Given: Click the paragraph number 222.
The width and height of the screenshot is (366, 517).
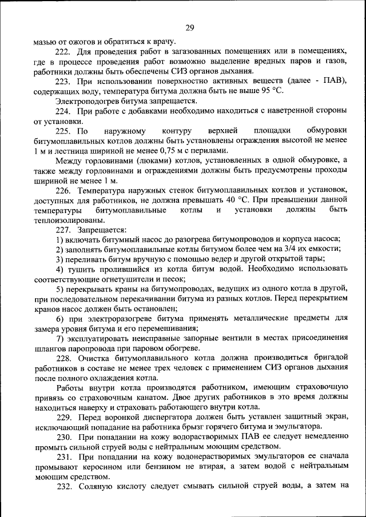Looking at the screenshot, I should (x=62, y=51).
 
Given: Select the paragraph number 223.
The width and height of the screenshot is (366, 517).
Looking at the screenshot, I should (x=62, y=81).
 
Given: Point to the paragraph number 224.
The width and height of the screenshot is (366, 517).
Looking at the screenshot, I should (x=62, y=111).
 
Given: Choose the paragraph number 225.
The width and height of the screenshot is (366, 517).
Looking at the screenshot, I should (x=62, y=131).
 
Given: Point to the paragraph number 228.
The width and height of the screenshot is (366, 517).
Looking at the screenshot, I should (x=62, y=359).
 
